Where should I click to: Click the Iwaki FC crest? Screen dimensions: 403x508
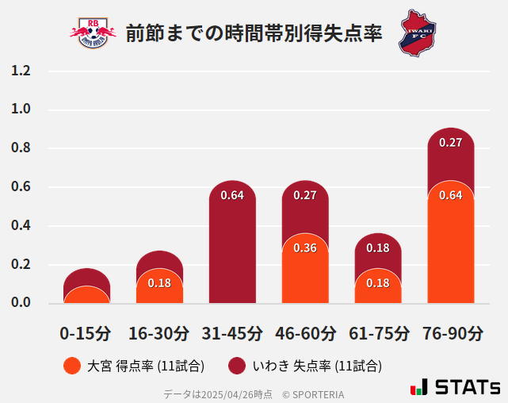pos(417,33)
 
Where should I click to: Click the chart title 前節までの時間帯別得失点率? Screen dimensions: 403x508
pos(254,33)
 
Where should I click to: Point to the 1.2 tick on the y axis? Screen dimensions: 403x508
pos(21,71)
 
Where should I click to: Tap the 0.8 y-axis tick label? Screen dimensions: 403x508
pos(21,148)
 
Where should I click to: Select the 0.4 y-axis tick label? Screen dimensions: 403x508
pos(21,226)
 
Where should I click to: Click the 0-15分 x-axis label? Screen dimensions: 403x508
pos(86,332)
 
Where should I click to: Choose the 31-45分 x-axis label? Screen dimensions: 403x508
pos(231,332)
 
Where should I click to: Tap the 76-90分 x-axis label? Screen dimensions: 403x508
pos(451,332)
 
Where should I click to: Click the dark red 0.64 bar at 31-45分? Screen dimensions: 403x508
pos(232,246)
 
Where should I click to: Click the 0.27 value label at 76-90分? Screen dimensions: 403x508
pos(450,143)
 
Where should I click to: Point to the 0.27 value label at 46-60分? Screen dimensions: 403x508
pos(305,195)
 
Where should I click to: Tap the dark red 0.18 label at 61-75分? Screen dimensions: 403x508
pos(378,248)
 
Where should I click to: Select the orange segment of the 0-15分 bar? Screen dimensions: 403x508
pos(86,296)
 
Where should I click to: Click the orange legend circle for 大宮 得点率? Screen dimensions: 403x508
pos(71,366)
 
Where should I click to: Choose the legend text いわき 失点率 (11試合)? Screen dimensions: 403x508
pos(317,366)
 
